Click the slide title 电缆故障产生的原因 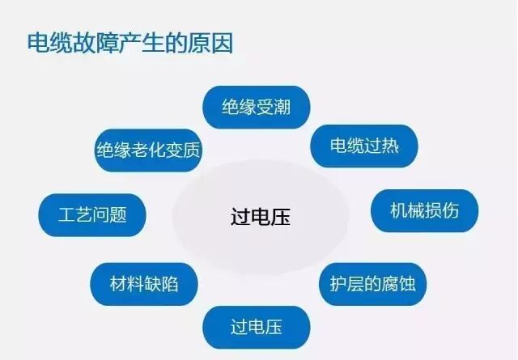[129, 42]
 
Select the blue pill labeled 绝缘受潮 [256, 107]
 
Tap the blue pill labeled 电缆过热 [364, 146]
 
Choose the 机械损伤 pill [424, 211]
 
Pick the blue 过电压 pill [256, 327]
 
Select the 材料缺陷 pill [143, 284]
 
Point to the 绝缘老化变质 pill [147, 150]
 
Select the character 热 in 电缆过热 [389, 146]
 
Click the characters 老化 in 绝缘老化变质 [147, 150]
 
